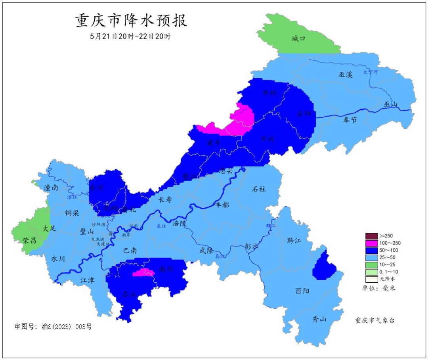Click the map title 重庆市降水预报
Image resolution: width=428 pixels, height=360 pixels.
131,21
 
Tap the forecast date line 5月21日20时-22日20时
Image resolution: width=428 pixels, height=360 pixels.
130,36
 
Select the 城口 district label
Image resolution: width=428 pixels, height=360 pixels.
298,38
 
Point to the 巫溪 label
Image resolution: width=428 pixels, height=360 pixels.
345,74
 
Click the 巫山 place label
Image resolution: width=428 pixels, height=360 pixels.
390,104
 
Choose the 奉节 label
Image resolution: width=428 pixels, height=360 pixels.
350,120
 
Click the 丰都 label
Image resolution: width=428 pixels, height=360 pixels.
222,205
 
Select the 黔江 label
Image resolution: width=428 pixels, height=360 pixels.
294,241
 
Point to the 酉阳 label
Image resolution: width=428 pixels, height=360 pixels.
302,291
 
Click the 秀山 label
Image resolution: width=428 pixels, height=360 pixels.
319,318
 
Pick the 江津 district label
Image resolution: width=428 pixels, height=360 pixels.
88,280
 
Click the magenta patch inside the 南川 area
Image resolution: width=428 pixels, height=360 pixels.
143,272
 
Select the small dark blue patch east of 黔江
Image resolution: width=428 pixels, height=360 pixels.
324,266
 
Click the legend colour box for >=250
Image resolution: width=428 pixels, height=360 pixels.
371,236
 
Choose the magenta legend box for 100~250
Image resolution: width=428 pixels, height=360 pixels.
371,243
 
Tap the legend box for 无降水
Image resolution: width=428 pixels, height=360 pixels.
371,279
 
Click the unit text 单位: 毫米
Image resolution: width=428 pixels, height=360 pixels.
378,288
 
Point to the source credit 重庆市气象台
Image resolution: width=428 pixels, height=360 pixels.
375,320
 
